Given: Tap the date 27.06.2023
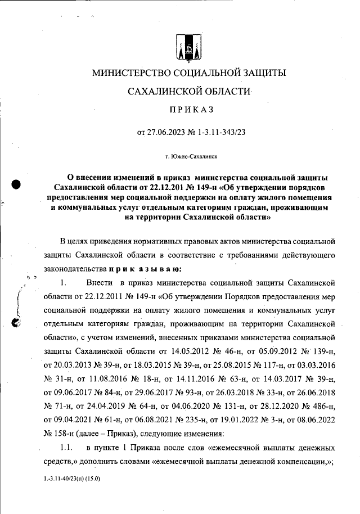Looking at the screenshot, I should pos(168,133).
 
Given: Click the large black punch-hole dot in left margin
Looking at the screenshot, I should pos(16,184).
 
